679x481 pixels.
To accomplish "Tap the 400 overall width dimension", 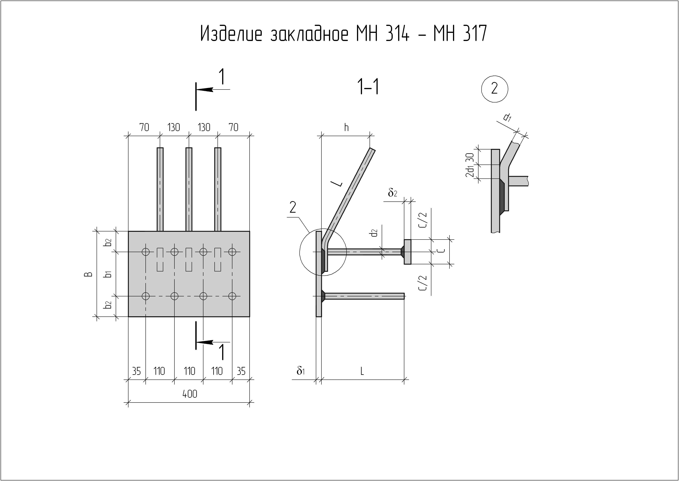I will click(190, 394).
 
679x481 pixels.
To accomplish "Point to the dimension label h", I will click(346, 128).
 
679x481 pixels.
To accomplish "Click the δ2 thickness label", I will click(392, 193).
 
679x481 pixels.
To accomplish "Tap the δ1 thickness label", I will click(301, 371).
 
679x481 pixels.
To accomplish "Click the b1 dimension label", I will click(108, 274).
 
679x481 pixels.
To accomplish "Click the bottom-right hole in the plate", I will click(232, 296).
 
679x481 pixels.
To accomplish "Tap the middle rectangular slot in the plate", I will click(189, 259).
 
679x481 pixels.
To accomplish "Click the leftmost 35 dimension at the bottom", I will click(136, 371).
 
